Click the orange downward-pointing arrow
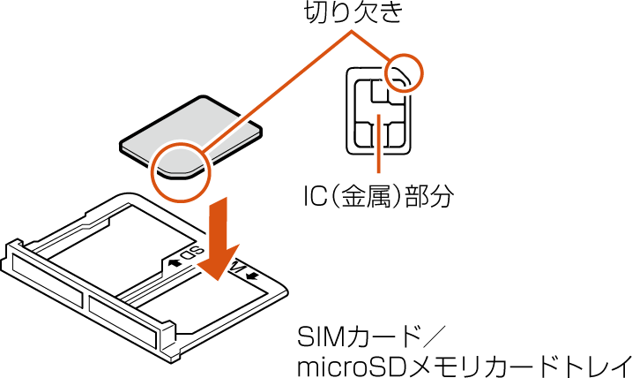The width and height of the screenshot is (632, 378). [x=219, y=240]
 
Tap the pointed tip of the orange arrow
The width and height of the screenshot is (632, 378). [x=217, y=281]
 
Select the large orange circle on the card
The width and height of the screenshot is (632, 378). [x=181, y=173]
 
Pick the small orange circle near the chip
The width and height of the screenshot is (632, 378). [x=405, y=72]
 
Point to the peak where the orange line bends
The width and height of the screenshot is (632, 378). [x=352, y=31]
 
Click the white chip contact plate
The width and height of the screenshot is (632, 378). [x=380, y=113]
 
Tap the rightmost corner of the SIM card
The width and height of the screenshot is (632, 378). [x=258, y=133]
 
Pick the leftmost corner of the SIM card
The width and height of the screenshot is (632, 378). [x=123, y=145]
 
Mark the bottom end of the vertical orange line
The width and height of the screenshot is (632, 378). [x=379, y=171]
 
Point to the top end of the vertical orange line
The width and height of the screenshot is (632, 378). [x=379, y=116]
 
